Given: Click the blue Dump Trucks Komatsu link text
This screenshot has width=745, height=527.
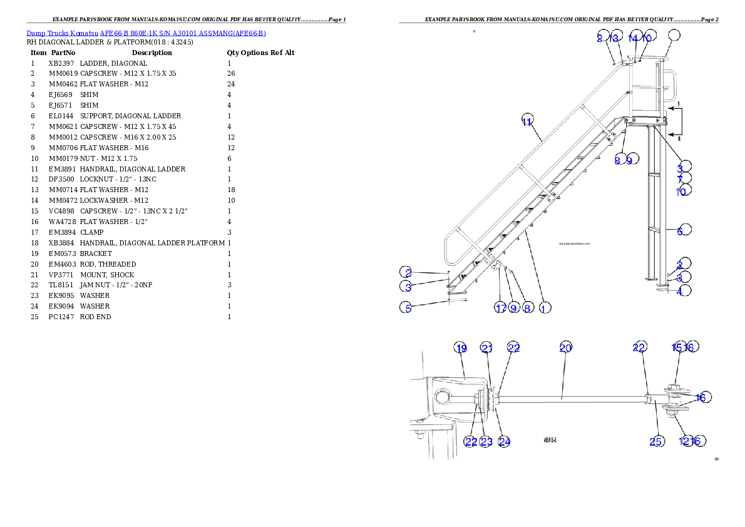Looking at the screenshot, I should [146, 33].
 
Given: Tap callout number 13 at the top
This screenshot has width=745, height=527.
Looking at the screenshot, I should [614, 38].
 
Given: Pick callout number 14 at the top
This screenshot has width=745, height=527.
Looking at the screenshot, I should [634, 38].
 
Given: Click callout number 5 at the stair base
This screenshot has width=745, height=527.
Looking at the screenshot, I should [408, 308].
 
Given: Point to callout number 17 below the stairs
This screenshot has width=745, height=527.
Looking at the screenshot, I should [500, 308].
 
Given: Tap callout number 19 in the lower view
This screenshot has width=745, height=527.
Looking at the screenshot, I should [461, 348].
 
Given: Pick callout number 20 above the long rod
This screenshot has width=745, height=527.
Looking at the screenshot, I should [565, 348].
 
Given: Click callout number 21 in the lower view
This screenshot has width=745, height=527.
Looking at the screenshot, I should [486, 348].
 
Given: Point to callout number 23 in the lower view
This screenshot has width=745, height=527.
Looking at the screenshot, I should [486, 441].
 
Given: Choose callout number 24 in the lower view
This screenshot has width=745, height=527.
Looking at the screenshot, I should [504, 441].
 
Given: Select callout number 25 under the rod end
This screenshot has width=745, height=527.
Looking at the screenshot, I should [655, 441].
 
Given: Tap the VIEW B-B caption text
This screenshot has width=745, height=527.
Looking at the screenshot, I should [550, 440].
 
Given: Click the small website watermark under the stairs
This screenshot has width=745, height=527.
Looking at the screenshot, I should [574, 245].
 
